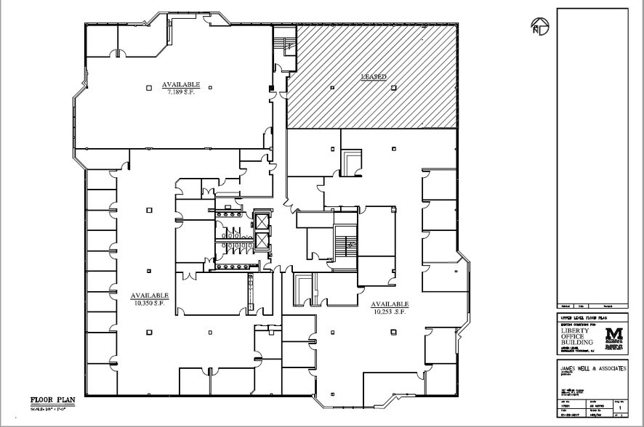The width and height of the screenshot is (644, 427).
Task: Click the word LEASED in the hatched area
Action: tap(373, 76)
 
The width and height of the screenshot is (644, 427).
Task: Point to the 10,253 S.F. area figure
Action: tap(390, 311)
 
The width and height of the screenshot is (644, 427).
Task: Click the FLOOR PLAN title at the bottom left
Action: tap(51, 400)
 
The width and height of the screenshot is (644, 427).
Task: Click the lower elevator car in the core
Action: tap(260, 243)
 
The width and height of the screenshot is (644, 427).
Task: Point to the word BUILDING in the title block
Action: tap(577, 343)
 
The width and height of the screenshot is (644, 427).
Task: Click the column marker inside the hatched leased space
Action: tap(331, 88)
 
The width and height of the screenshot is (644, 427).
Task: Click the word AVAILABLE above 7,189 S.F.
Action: tap(181, 84)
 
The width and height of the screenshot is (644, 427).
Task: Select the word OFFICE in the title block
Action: tap(573, 336)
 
